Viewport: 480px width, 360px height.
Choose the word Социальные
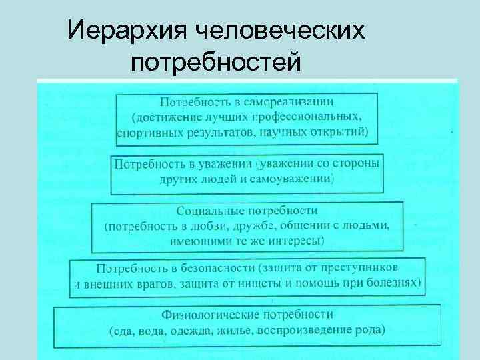[x=209, y=211]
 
